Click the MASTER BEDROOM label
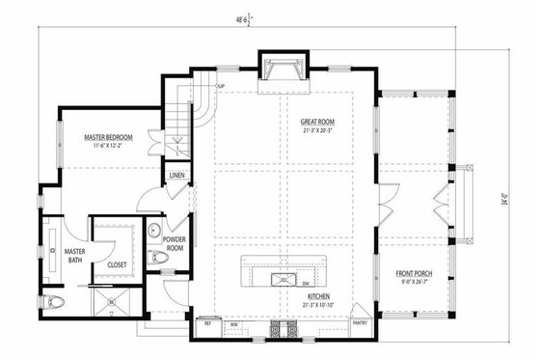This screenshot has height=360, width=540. [x=108, y=138]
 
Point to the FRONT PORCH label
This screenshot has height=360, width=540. [x=415, y=274]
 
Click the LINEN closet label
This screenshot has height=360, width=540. [x=176, y=176]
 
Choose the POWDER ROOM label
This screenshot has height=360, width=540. [x=175, y=241]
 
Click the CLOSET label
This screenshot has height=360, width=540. [x=117, y=263]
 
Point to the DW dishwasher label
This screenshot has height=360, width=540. [x=305, y=284]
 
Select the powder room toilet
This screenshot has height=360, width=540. [x=159, y=258]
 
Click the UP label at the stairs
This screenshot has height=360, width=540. [x=220, y=85]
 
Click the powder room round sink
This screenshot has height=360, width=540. [x=154, y=231]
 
